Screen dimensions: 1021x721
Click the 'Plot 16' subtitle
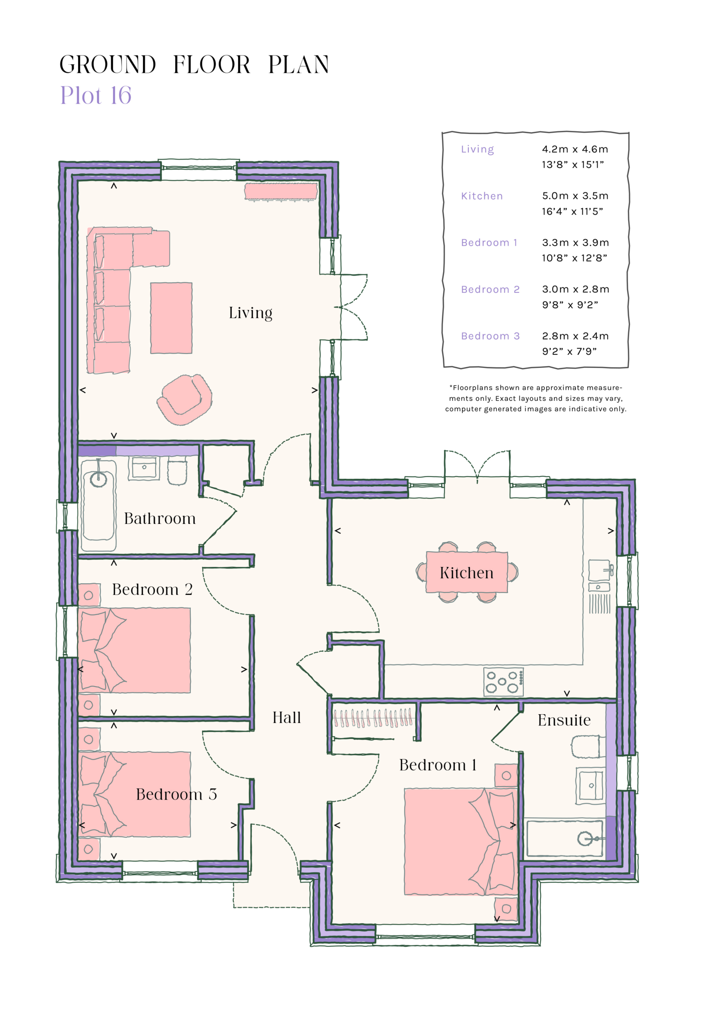pos(96,96)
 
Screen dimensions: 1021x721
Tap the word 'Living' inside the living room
pos(250,313)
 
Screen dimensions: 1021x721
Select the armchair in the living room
pos(185,399)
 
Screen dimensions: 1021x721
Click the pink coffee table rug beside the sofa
pos(171,318)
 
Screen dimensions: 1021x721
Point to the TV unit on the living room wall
pos(281,191)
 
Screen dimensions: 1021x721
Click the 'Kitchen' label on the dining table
pos(466,573)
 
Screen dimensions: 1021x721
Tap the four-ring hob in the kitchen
pos(503,682)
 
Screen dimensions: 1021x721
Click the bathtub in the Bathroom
pos(99,506)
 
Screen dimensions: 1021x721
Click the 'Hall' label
pos(287,718)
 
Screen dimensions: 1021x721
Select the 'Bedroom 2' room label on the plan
pos(152,590)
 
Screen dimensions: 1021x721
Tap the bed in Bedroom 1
pos(460,841)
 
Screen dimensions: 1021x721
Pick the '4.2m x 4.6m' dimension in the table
pos(574,149)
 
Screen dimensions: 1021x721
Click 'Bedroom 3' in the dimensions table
pos(490,336)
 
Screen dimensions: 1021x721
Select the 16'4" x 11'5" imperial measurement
pos(572,212)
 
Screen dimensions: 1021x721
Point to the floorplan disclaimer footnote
pos(535,399)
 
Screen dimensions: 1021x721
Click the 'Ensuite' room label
pos(564,720)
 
